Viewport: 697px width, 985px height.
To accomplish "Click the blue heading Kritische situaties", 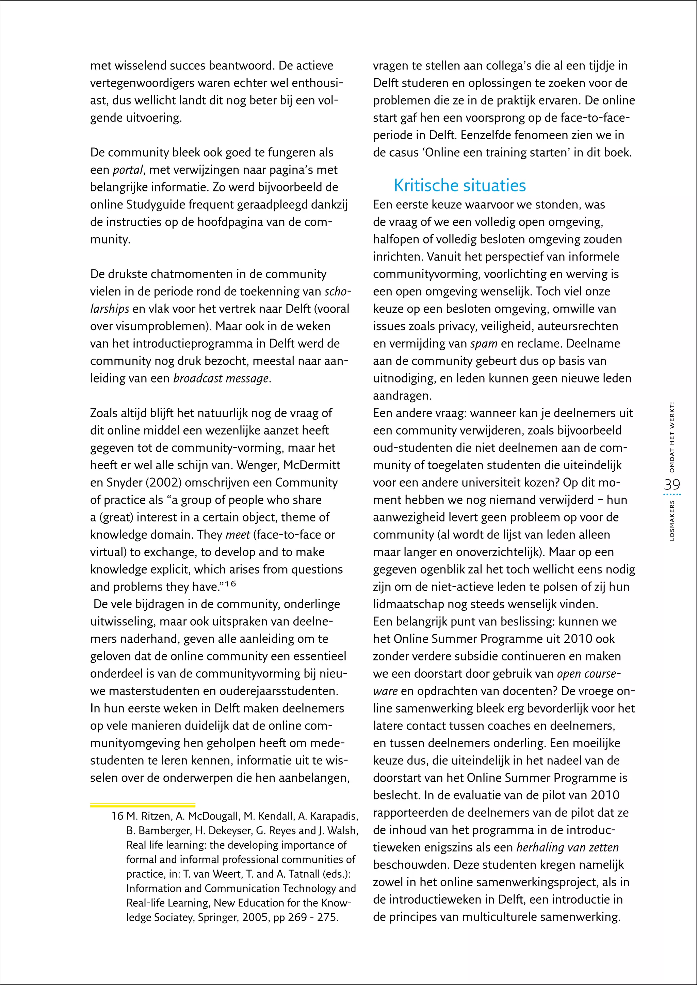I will pyautogui.click(x=460, y=186).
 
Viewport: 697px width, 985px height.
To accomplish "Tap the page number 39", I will pyautogui.click(x=672, y=485).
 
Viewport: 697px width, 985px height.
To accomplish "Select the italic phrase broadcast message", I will pyautogui.click(x=221, y=378).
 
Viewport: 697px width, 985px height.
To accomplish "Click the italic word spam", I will pyautogui.click(x=484, y=344).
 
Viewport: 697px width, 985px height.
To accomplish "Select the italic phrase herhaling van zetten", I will pyautogui.click(x=567, y=847).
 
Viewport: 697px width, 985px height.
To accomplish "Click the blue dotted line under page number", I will pyautogui.click(x=672, y=495).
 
